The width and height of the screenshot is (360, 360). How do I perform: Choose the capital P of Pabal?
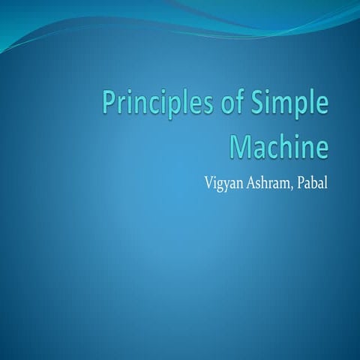pyautogui.click(x=303, y=182)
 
